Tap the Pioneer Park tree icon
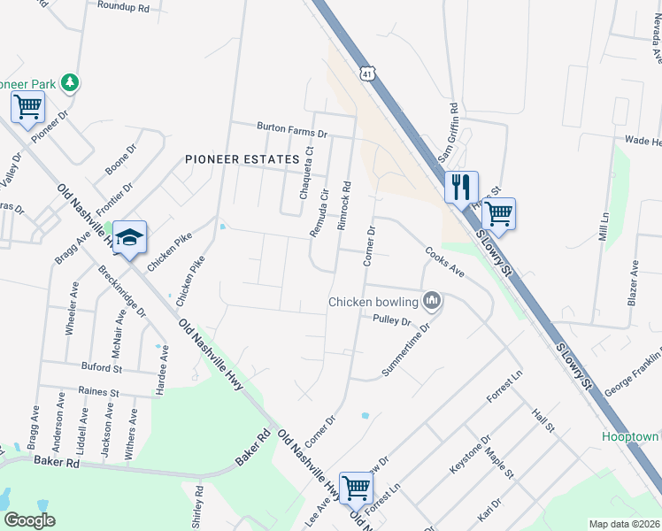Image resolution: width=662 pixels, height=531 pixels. click(70, 83)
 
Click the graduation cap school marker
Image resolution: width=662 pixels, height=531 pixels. click(129, 237)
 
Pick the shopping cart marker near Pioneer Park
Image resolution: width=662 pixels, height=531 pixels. click(27, 108)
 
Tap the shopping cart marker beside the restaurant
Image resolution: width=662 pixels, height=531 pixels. click(499, 213)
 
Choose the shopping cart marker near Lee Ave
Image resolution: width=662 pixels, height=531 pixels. click(356, 487)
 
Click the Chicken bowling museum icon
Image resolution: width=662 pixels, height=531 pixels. click(432, 302)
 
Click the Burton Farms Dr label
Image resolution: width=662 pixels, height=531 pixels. click(292, 130)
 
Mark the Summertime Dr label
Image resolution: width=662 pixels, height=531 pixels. click(405, 349)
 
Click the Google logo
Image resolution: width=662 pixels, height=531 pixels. click(28, 520)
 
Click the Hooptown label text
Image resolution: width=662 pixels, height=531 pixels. click(631, 437)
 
